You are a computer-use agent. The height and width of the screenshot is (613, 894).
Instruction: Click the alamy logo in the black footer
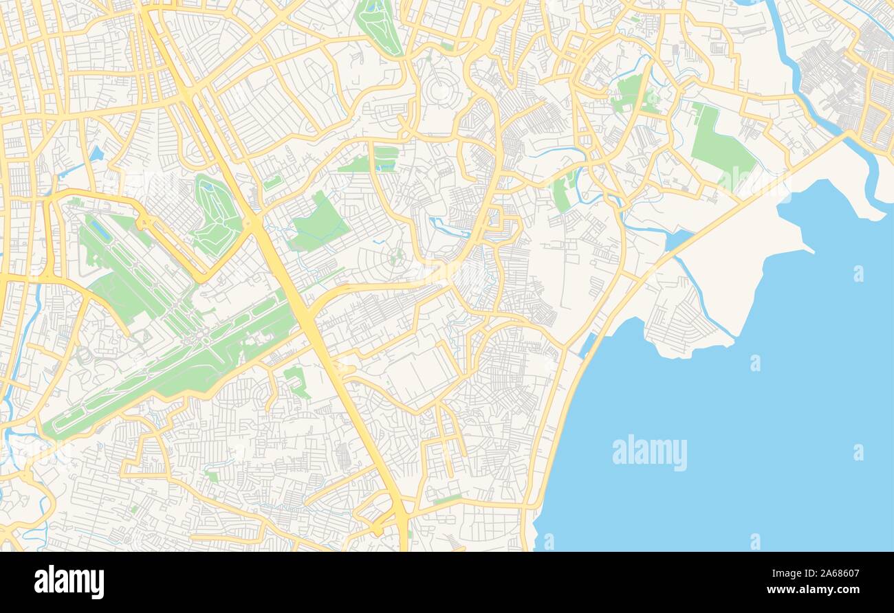69,582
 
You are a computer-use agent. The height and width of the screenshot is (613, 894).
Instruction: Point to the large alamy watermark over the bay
649,453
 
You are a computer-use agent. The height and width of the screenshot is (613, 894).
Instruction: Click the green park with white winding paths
216,214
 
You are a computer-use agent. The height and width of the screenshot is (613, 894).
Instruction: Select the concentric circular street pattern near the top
440,89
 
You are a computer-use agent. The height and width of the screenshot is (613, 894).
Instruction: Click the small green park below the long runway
296,380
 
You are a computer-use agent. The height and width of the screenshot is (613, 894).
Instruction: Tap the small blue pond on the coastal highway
677,238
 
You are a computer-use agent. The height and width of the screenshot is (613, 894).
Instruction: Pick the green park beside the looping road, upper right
629,93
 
